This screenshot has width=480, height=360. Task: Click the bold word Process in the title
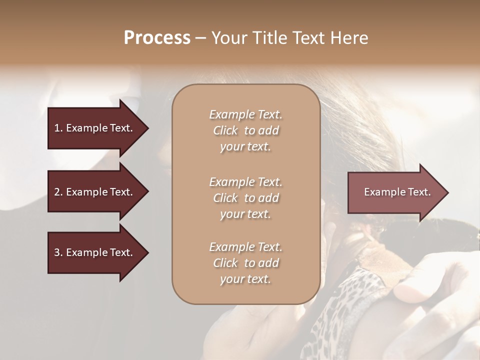pyautogui.click(x=157, y=38)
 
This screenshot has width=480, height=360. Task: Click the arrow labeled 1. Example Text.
pyautogui.click(x=95, y=128)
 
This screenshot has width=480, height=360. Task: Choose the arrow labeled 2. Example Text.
pyautogui.click(x=95, y=192)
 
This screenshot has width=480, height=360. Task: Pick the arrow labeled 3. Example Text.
pyautogui.click(x=95, y=252)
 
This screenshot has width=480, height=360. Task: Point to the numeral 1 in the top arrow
pyautogui.click(x=57, y=128)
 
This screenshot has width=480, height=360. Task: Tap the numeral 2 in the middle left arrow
pyautogui.click(x=57, y=192)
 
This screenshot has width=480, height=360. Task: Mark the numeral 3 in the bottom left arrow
pyautogui.click(x=57, y=252)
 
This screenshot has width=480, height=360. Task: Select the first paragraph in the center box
pyautogui.click(x=245, y=130)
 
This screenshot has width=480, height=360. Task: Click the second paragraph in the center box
pyautogui.click(x=245, y=198)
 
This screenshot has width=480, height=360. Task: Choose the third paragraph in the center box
pyautogui.click(x=245, y=263)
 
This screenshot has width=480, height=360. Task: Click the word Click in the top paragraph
pyautogui.click(x=225, y=130)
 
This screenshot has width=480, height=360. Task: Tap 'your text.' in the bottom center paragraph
pyautogui.click(x=245, y=279)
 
